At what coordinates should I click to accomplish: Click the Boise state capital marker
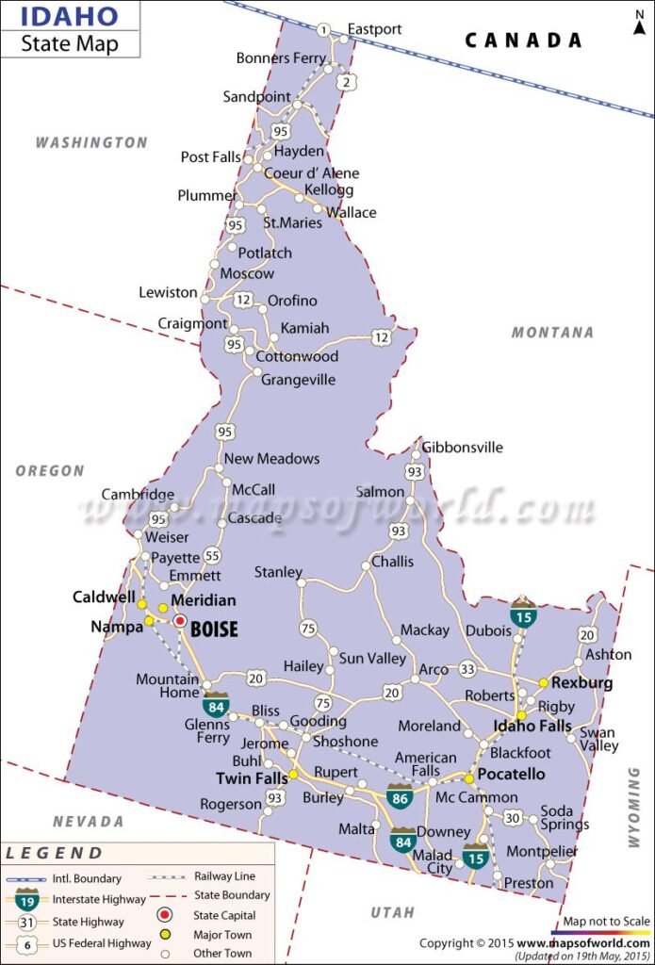[x=179, y=621]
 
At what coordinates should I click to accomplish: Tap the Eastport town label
[x=374, y=29]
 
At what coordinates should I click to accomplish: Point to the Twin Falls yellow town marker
[x=293, y=774]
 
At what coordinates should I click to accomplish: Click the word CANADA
[x=522, y=40]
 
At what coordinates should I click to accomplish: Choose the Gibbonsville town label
[x=463, y=448]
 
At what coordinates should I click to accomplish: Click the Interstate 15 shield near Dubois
[x=524, y=613]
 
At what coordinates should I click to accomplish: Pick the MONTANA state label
[x=552, y=332]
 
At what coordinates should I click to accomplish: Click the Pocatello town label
[x=512, y=774]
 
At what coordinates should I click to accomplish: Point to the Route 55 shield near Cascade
[x=213, y=556]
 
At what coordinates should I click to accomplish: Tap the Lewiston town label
[x=168, y=292]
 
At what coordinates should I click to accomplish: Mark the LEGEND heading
[x=55, y=854]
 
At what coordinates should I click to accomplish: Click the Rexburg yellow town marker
[x=544, y=682]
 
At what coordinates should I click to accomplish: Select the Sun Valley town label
[x=372, y=659]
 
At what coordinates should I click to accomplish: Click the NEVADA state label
[x=89, y=822]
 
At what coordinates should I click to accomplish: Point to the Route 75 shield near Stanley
[x=308, y=629]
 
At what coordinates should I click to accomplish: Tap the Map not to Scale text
[x=607, y=921]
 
